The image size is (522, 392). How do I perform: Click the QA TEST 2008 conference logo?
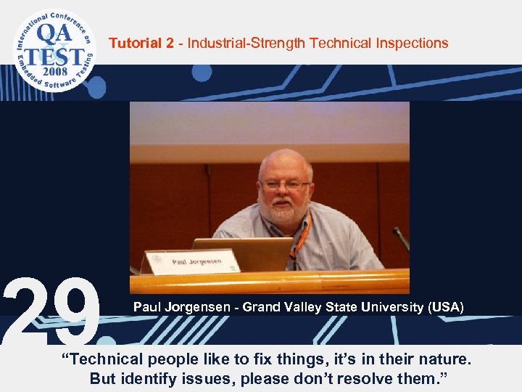tap(53, 49)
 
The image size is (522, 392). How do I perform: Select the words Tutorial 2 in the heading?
tap(141, 44)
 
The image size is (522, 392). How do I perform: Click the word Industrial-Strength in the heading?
tap(246, 44)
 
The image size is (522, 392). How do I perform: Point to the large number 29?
tap(51, 311)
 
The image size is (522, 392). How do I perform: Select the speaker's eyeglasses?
tap(285, 185)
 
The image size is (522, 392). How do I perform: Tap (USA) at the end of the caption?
tap(446, 307)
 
